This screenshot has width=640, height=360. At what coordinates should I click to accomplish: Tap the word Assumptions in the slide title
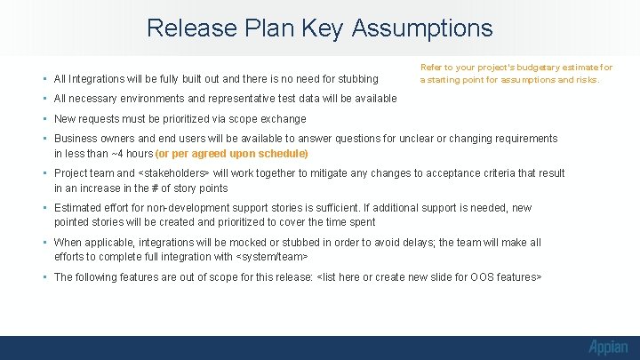click(422, 28)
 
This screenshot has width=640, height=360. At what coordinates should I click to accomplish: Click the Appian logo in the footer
click(607, 347)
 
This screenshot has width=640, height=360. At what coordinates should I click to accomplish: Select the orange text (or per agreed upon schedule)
click(232, 154)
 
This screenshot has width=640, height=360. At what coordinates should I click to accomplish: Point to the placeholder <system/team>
click(272, 257)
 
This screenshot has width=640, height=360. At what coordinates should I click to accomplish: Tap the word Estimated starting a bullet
click(79, 208)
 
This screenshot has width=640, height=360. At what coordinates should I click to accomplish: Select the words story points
click(200, 188)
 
